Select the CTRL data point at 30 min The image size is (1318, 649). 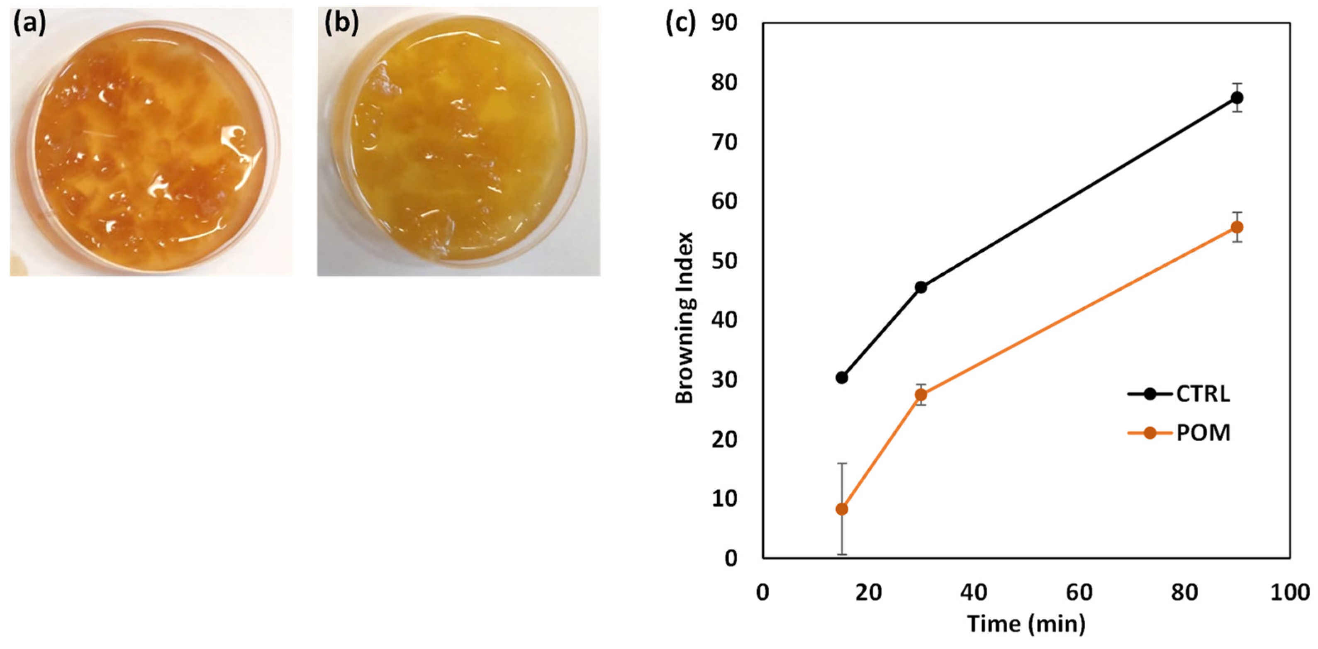(x=921, y=287)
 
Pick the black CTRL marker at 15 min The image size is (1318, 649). (x=842, y=377)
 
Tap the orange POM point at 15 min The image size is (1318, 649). (x=842, y=509)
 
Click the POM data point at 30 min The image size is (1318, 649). (x=921, y=395)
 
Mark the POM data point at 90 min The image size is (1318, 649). (x=1237, y=227)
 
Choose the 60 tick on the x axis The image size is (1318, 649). (x=1079, y=592)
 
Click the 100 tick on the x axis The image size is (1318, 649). (x=1289, y=592)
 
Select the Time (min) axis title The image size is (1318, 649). (x=1026, y=625)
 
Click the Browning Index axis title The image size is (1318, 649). (x=684, y=318)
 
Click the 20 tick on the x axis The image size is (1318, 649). (x=868, y=592)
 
